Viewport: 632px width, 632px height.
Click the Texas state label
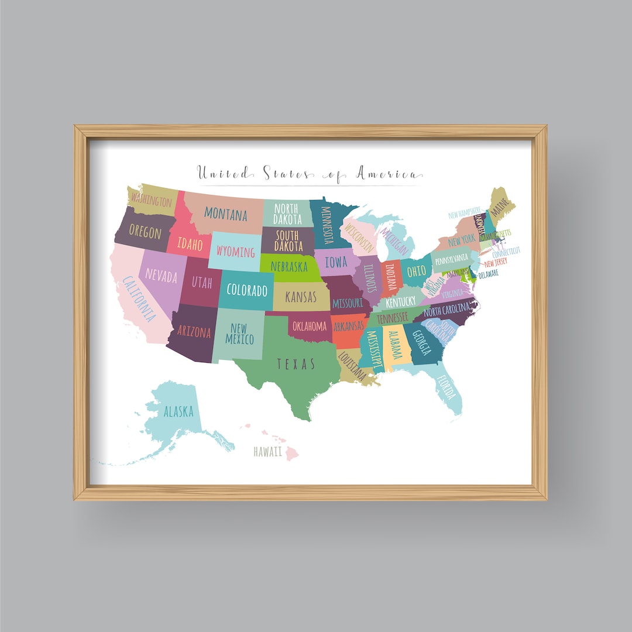tap(296, 365)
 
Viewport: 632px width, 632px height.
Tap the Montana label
tap(226, 214)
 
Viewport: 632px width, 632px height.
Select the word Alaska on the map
tap(178, 411)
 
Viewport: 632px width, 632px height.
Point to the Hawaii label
tap(268, 452)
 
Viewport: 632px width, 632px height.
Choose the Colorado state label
tap(246, 290)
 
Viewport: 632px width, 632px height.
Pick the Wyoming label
tap(235, 252)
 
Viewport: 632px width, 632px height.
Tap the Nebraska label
tap(288, 267)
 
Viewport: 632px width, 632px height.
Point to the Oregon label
tap(145, 232)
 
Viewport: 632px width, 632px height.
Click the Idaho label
tap(190, 244)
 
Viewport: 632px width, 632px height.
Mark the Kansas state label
tap(301, 297)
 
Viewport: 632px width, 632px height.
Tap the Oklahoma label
tap(309, 325)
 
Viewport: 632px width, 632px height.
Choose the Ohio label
tap(417, 271)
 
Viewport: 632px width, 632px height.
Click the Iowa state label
tap(336, 263)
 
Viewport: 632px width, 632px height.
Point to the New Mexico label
tap(239, 334)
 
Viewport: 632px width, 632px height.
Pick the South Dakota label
tap(287, 239)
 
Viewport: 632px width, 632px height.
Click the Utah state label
tap(202, 283)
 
